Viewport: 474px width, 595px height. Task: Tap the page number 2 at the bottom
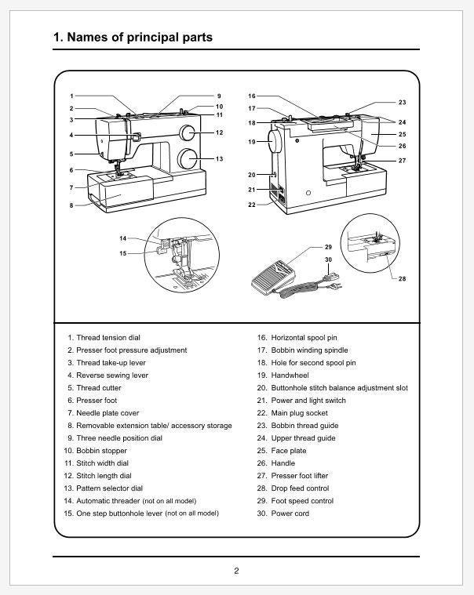[x=236, y=570]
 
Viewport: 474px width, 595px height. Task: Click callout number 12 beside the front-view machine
[x=220, y=132]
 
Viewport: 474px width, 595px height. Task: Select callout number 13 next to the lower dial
[x=220, y=159]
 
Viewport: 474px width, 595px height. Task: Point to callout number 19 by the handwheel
[x=252, y=142]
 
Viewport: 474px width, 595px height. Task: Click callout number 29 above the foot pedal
[x=328, y=247]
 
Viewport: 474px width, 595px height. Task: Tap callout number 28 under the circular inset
[x=403, y=278]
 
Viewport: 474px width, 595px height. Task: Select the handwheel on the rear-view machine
[x=275, y=142]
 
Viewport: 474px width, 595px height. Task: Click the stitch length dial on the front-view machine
[x=188, y=132]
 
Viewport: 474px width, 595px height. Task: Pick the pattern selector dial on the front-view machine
[x=188, y=159]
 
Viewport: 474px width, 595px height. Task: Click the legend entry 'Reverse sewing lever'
[x=111, y=376]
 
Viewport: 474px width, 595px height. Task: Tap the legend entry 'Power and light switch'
[x=308, y=401]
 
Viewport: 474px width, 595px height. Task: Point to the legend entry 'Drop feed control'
[x=300, y=488]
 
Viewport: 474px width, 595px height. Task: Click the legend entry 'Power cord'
[x=290, y=513]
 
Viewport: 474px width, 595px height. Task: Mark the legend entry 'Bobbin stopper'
[x=101, y=451]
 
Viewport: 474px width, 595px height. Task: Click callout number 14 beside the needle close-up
[x=123, y=238]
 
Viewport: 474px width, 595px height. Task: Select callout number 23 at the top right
[x=402, y=103]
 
